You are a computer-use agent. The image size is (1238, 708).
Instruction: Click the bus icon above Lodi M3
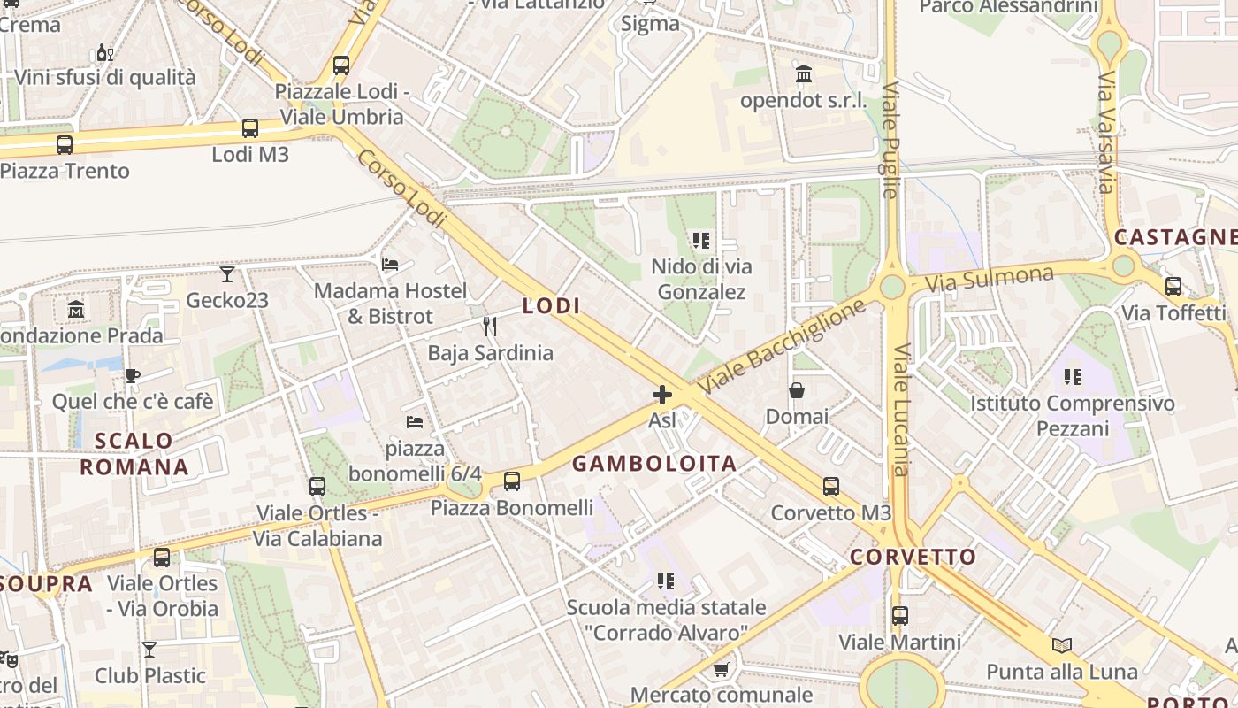tap(250, 128)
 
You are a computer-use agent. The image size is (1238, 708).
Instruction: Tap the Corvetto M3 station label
tap(830, 513)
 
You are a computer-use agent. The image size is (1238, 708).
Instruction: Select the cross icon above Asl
tap(661, 395)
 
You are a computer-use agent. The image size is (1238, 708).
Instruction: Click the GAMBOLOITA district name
tap(654, 464)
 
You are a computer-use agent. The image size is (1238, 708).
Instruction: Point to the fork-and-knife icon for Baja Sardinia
tap(490, 327)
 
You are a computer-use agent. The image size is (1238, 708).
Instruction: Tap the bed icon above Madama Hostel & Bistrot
tap(390, 264)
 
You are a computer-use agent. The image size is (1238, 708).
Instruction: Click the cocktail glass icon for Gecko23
tap(227, 274)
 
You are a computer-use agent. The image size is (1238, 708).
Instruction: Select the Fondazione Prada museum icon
tap(76, 310)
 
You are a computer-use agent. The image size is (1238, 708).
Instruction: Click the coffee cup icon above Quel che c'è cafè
tap(133, 375)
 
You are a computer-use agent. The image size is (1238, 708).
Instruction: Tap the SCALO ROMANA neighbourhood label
tap(134, 454)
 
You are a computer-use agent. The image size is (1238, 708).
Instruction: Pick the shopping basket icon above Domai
tap(797, 390)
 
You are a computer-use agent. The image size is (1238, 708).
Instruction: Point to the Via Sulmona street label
tap(990, 279)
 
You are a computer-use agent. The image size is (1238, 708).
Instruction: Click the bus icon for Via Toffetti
tap(1173, 287)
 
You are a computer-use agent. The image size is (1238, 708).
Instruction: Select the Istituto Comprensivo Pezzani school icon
tap(1073, 377)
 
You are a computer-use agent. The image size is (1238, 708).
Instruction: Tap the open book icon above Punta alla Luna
tap(1062, 645)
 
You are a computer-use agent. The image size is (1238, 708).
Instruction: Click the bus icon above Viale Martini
tap(899, 615)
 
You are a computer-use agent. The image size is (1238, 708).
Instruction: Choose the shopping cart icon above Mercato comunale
tap(721, 669)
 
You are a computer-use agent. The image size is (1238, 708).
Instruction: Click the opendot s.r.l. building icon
tap(804, 74)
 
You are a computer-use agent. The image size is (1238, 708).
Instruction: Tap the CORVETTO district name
tap(913, 558)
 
